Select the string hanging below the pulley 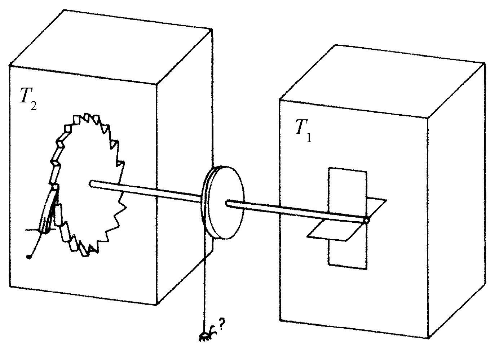[x=204, y=288]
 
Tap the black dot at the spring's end [x=28, y=257]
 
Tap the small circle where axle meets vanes [x=366, y=220]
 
